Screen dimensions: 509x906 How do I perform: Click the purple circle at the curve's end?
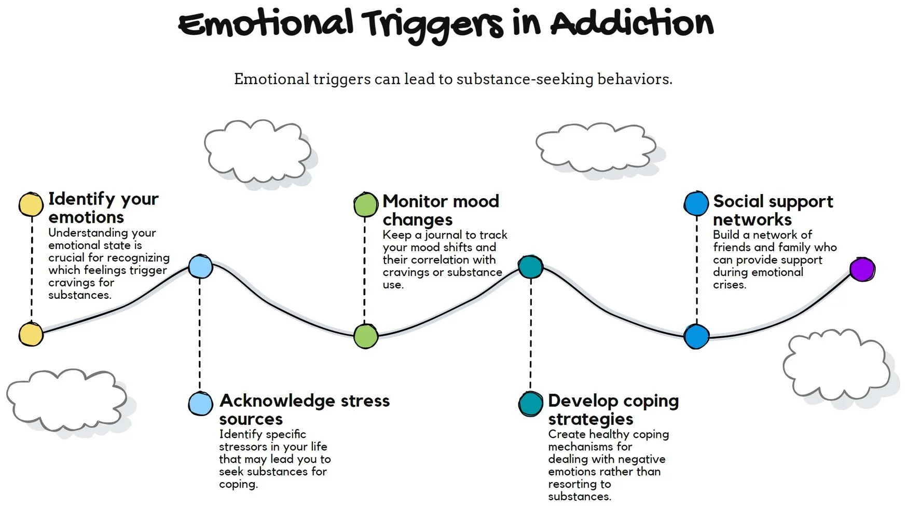click(x=862, y=269)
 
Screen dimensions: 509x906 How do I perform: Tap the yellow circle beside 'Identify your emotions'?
click(x=31, y=204)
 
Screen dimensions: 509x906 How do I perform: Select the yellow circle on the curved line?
click(x=31, y=334)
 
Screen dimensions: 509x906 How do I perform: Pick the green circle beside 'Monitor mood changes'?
click(x=365, y=204)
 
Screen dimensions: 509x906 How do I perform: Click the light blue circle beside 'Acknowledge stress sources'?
click(x=200, y=403)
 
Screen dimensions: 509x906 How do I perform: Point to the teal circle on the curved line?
click(x=530, y=267)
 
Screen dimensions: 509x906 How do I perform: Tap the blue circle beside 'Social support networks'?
click(x=696, y=203)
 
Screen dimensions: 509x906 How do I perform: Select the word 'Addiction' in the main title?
click(x=632, y=23)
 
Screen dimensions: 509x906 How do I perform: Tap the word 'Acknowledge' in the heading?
click(x=277, y=401)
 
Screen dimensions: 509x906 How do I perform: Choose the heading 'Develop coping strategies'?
click(x=613, y=409)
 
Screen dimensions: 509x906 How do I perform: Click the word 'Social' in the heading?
click(x=738, y=201)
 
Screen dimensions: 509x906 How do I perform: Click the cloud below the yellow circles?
click(x=66, y=400)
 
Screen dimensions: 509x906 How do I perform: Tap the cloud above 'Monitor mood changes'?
click(x=257, y=150)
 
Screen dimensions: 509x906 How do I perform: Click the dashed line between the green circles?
click(x=365, y=270)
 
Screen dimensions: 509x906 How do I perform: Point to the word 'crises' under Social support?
click(x=729, y=285)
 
